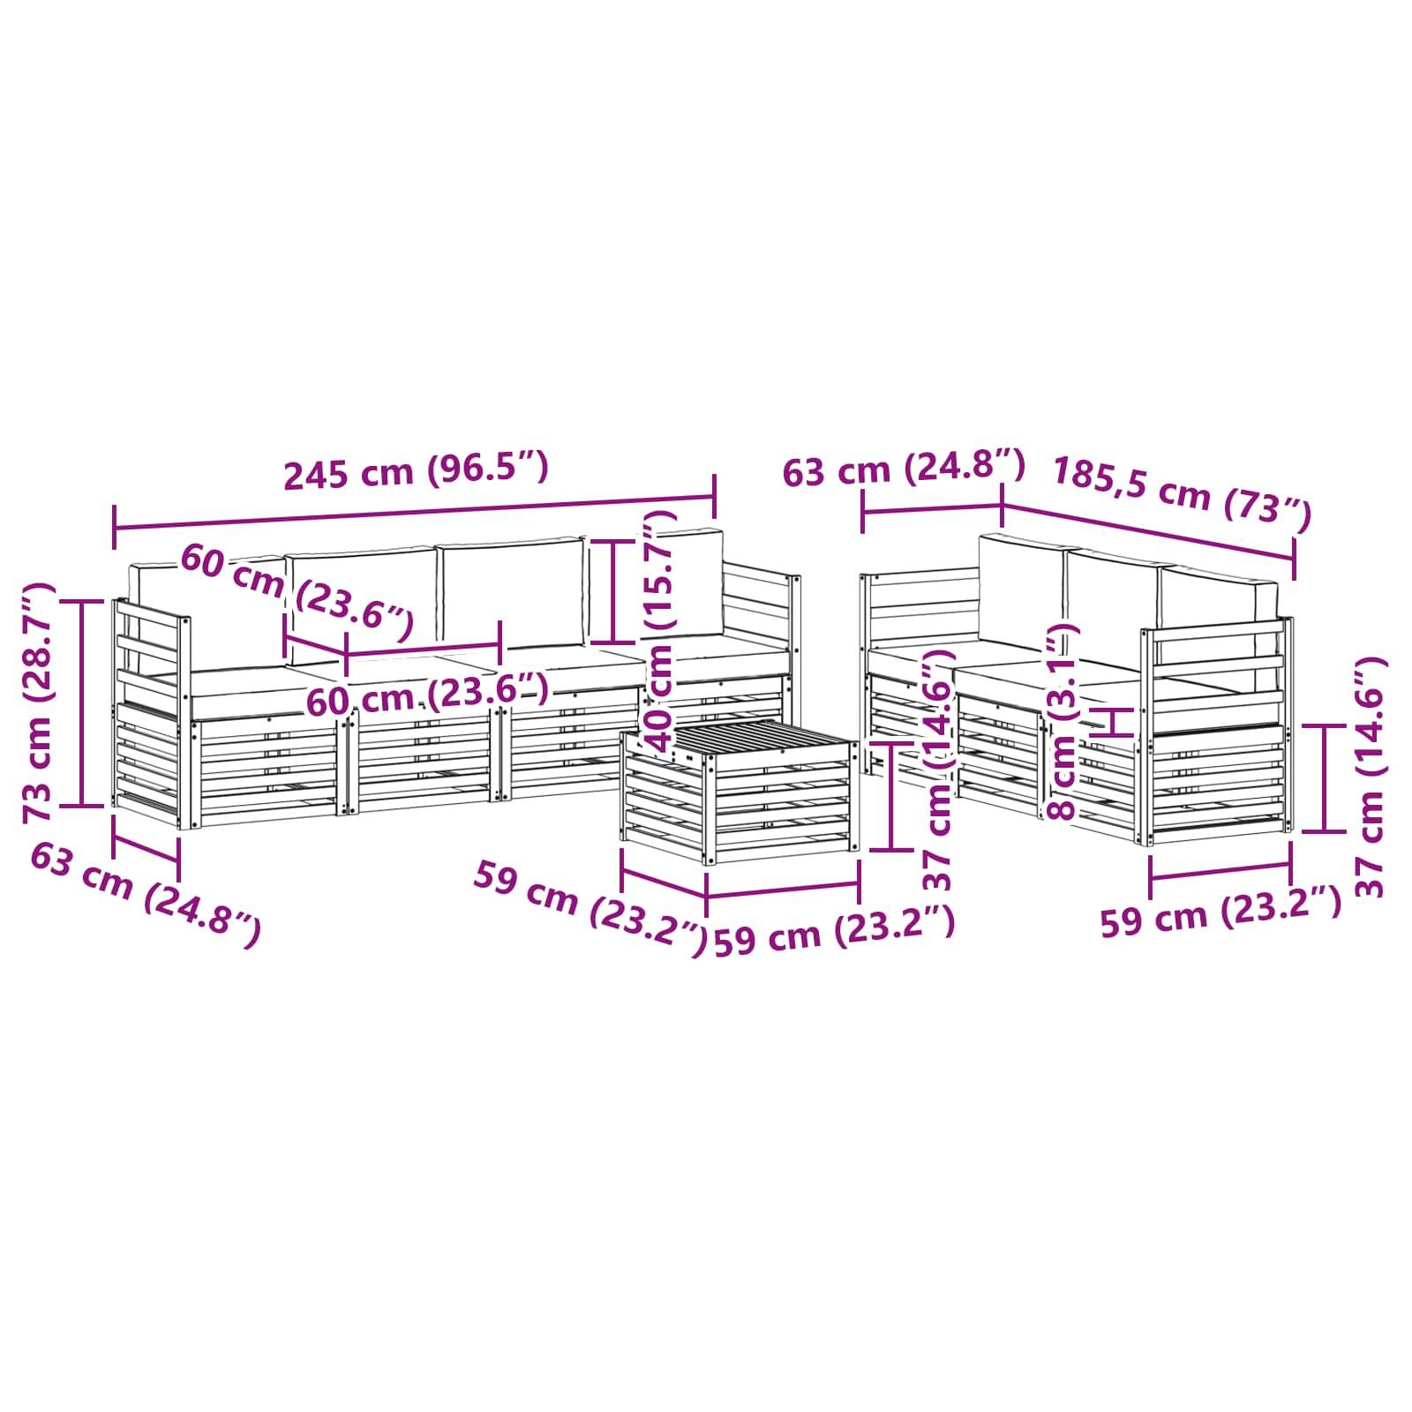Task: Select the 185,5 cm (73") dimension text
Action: point(1182,496)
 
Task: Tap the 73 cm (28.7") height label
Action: point(39,702)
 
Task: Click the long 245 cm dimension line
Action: point(414,514)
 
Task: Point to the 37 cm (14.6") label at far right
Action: point(1371,777)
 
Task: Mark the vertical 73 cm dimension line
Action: point(84,702)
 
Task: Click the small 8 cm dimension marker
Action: point(1115,721)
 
